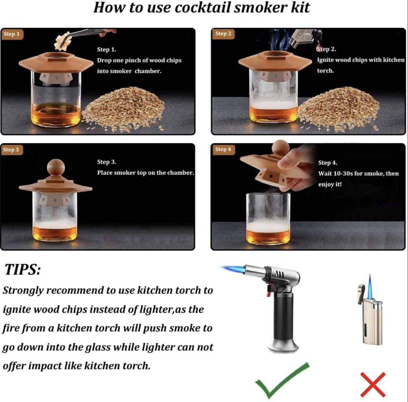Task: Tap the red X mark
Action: pyautogui.click(x=373, y=384)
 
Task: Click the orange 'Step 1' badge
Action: pyautogui.click(x=12, y=34)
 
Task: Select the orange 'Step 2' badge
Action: pyautogui.click(x=223, y=34)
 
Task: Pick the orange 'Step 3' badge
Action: pyautogui.click(x=11, y=149)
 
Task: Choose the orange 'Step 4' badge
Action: pyautogui.click(x=223, y=149)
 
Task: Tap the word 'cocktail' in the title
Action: pyautogui.click(x=203, y=8)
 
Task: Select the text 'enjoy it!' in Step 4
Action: pyautogui.click(x=330, y=184)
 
